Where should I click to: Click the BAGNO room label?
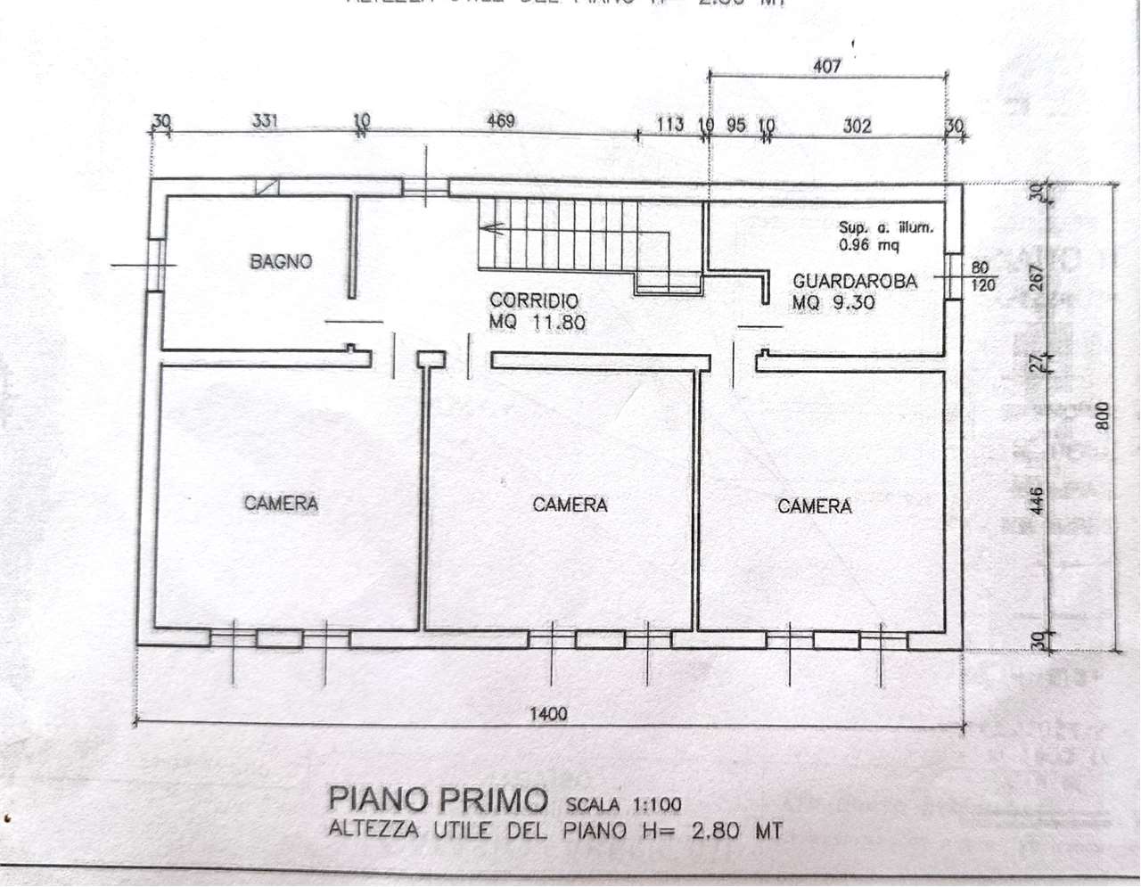coord(281,262)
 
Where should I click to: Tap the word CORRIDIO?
coord(534,301)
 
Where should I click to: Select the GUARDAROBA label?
coord(855,282)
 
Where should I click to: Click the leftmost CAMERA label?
coord(281,504)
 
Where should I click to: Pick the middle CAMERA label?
coord(570,505)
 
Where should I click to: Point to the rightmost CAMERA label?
coord(815,506)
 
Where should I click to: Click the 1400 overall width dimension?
coord(547,713)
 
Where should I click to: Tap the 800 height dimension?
coord(1102,416)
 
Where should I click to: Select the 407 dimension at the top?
coord(827,66)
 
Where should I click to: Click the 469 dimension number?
coord(501,120)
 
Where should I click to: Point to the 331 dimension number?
coord(265,120)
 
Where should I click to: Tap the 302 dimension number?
coord(857,127)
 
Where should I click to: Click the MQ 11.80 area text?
coord(537,323)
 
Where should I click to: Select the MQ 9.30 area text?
coord(833,303)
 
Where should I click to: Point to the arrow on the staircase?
coord(492,229)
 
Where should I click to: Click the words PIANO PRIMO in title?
coord(437,799)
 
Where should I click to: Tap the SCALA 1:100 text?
coord(623,805)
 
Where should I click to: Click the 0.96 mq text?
coord(869,244)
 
